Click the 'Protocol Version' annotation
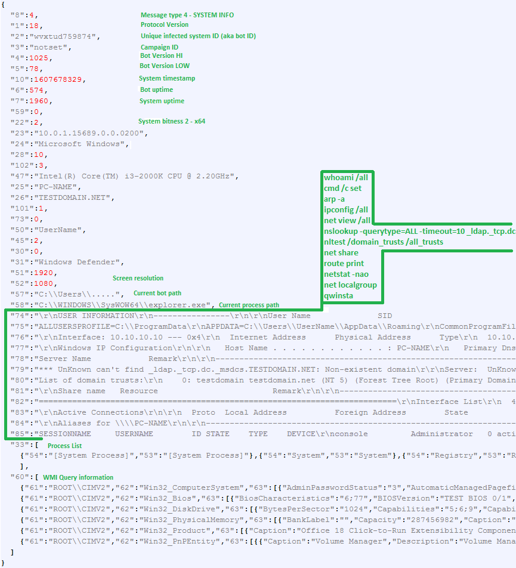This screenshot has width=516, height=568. (165, 24)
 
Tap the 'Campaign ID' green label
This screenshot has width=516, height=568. (159, 47)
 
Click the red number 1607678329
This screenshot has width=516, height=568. (58, 79)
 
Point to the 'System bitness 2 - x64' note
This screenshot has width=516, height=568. (172, 121)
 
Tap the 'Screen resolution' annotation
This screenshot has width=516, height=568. (138, 278)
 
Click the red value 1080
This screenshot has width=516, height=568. (44, 283)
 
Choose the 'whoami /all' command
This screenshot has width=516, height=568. (346, 178)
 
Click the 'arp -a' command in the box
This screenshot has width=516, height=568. (334, 199)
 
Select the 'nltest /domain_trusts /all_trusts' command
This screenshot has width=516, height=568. (384, 242)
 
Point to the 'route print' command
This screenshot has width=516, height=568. (344, 263)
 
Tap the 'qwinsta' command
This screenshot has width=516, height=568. (338, 295)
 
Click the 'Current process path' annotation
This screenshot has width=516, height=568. (249, 305)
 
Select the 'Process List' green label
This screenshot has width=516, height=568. (64, 446)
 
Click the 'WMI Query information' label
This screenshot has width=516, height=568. (78, 477)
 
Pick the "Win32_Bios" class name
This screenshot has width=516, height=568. (168, 498)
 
